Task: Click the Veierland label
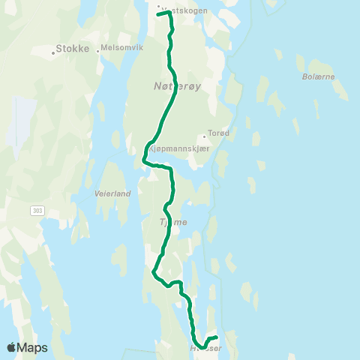[x=112, y=193]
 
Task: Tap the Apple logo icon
[x=13, y=347]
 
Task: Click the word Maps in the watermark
[x=33, y=347]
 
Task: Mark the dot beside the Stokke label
[x=55, y=52]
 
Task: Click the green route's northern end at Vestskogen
[x=160, y=13]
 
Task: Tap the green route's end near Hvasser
[x=216, y=337]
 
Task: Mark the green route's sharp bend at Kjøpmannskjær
[x=143, y=158]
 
